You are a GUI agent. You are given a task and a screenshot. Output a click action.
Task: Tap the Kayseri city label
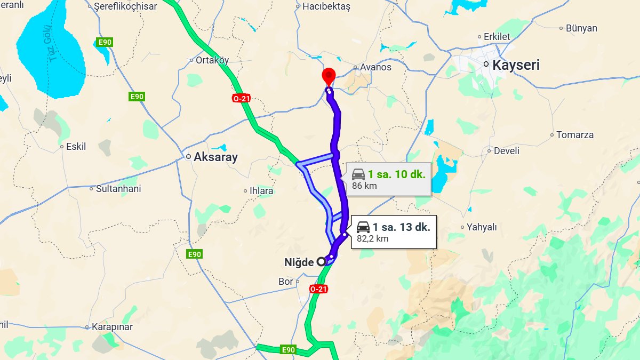(516, 66)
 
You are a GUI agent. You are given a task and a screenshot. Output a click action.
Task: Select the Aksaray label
(215, 157)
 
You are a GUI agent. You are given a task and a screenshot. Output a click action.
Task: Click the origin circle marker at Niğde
(321, 261)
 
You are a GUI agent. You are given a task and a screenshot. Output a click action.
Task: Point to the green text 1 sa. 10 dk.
(397, 174)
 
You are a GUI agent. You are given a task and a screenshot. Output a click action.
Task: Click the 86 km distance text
(364, 186)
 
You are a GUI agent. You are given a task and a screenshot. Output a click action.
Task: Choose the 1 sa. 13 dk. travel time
(402, 227)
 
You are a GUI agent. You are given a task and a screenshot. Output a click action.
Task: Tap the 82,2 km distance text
(372, 238)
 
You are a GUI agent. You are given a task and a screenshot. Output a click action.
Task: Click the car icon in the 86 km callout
(358, 174)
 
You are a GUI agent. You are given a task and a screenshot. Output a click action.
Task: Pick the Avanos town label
(375, 67)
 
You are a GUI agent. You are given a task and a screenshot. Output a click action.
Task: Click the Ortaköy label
(212, 60)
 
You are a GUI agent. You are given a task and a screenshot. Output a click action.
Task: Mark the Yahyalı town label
(481, 227)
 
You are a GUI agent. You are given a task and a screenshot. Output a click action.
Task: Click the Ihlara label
(261, 190)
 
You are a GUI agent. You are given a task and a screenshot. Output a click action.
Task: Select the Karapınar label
(113, 327)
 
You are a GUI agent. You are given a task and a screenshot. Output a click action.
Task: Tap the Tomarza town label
(574, 135)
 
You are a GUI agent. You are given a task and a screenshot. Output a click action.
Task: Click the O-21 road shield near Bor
(318, 289)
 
